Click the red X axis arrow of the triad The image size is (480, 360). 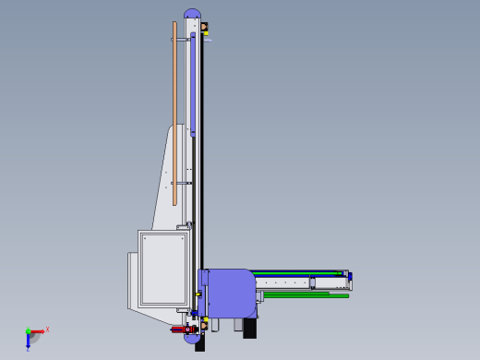click(37, 330)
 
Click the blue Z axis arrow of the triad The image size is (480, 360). click(28, 340)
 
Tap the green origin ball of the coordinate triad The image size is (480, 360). click(28, 331)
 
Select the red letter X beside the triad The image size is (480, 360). click(47, 329)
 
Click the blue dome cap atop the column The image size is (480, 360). click(193, 13)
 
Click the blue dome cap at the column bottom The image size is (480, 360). click(193, 339)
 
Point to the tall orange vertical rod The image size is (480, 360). click(174, 111)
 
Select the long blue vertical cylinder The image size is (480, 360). click(193, 83)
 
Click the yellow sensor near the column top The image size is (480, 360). click(205, 29)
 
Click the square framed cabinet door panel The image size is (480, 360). click(163, 269)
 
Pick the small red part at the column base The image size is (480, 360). click(180, 328)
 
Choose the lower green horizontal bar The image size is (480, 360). click(305, 295)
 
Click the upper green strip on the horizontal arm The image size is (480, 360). click(295, 273)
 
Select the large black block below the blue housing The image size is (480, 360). click(249, 329)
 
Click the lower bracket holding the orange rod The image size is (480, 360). click(183, 183)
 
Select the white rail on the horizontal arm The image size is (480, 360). click(295, 282)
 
